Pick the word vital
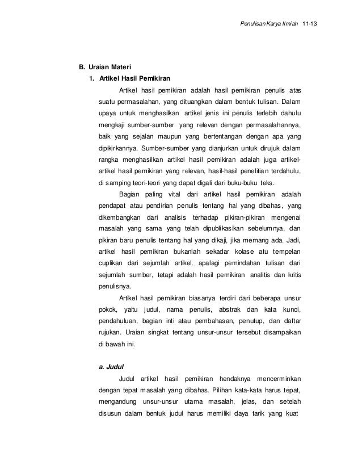171,194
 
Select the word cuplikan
112,263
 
